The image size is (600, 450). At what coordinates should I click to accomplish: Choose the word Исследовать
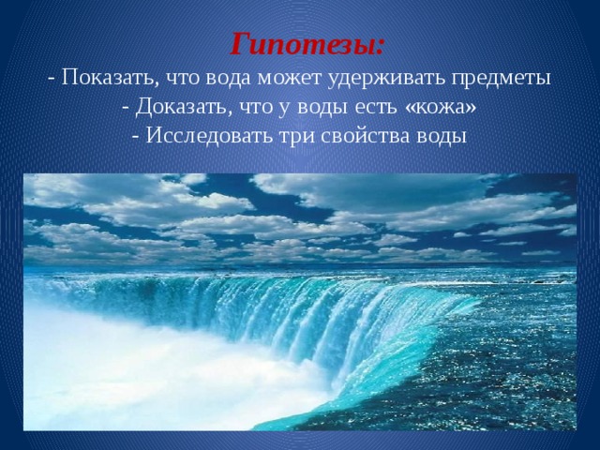(202, 137)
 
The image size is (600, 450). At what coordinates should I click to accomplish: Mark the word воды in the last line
(440, 137)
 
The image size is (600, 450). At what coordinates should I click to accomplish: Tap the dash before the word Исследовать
(137, 137)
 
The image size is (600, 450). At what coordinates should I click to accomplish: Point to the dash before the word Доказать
(127, 107)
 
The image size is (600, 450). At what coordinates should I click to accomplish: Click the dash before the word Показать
(51, 77)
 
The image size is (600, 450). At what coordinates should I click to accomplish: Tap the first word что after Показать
(175, 77)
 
